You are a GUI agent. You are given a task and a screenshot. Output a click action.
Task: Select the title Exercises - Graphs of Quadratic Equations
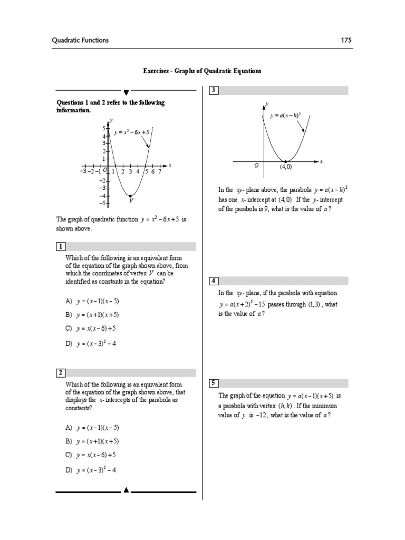(x=202, y=70)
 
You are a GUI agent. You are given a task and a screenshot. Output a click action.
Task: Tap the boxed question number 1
(x=61, y=247)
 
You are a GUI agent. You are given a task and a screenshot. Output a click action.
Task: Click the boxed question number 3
(x=214, y=91)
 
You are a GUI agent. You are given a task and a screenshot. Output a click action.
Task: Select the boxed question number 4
(x=214, y=281)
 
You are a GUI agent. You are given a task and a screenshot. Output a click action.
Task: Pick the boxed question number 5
(x=214, y=383)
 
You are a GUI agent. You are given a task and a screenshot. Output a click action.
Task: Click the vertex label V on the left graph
(x=130, y=201)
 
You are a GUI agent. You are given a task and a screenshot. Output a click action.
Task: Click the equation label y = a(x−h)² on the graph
(x=285, y=115)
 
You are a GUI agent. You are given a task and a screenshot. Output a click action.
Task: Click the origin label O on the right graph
(x=256, y=166)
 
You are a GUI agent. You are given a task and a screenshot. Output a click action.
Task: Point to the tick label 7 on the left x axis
(x=159, y=171)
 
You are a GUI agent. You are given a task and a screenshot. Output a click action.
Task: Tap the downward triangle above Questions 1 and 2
(x=126, y=91)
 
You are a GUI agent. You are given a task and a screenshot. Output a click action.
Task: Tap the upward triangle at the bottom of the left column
(x=126, y=490)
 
